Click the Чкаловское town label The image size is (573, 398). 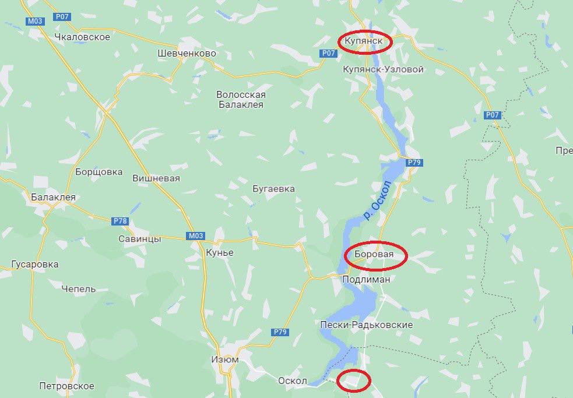[82, 37]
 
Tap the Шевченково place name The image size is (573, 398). [187, 54]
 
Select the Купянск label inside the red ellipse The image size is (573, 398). [364, 42]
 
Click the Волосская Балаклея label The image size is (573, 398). [241, 100]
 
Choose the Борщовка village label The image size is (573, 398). [99, 172]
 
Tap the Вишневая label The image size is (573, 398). [156, 178]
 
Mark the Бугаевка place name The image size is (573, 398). [273, 189]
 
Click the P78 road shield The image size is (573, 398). [119, 221]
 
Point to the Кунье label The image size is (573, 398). [220, 253]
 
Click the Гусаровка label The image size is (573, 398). [35, 265]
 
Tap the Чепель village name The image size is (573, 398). [79, 288]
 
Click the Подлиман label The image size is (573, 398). [366, 280]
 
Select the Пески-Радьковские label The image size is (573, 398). [367, 325]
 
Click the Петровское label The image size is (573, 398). [66, 386]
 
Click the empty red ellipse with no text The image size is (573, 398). [354, 381]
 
